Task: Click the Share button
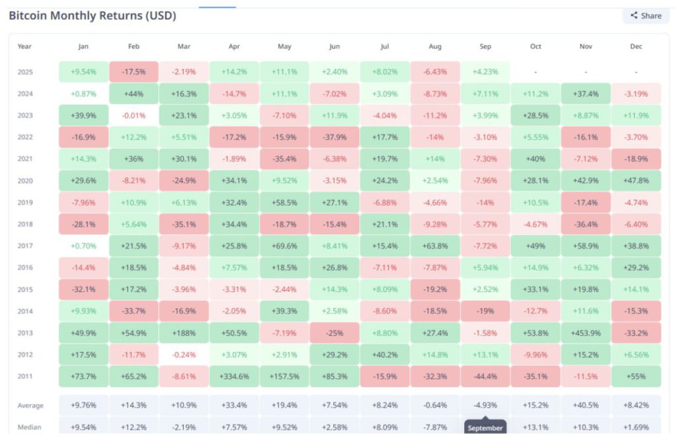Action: (x=646, y=16)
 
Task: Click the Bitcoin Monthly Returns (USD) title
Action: (x=92, y=16)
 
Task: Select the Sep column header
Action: (x=485, y=46)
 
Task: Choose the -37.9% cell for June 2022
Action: (x=335, y=158)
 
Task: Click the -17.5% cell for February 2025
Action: (x=134, y=71)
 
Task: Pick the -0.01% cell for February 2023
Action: (x=134, y=115)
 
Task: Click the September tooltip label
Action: (x=485, y=428)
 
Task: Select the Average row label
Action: (x=30, y=405)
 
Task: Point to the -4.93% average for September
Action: (x=485, y=405)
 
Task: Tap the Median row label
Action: (x=29, y=427)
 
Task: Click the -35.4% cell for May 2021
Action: (x=284, y=158)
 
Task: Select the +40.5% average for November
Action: (x=586, y=405)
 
